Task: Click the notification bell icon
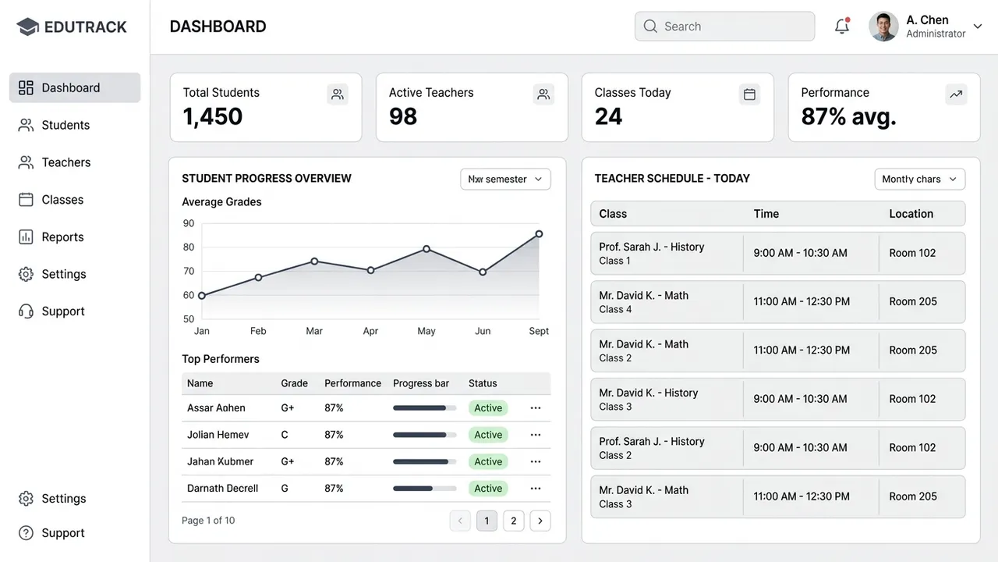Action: [x=841, y=26]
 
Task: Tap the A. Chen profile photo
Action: [x=883, y=27]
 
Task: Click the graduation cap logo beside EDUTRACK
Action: [x=27, y=27]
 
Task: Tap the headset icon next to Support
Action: [x=26, y=311]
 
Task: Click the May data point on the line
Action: [x=426, y=249]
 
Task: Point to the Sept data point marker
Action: [x=539, y=233]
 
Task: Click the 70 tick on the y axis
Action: [x=189, y=271]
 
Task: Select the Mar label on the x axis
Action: [x=314, y=331]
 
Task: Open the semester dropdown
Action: [x=505, y=179]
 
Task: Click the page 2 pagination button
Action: [x=513, y=521]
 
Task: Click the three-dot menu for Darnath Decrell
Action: [x=536, y=489]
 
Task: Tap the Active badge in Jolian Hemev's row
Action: [x=488, y=435]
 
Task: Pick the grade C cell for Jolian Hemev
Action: [x=285, y=435]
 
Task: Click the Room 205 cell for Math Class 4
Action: [x=913, y=301]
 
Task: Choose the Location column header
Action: [x=911, y=214]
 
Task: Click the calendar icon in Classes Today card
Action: [x=749, y=94]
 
